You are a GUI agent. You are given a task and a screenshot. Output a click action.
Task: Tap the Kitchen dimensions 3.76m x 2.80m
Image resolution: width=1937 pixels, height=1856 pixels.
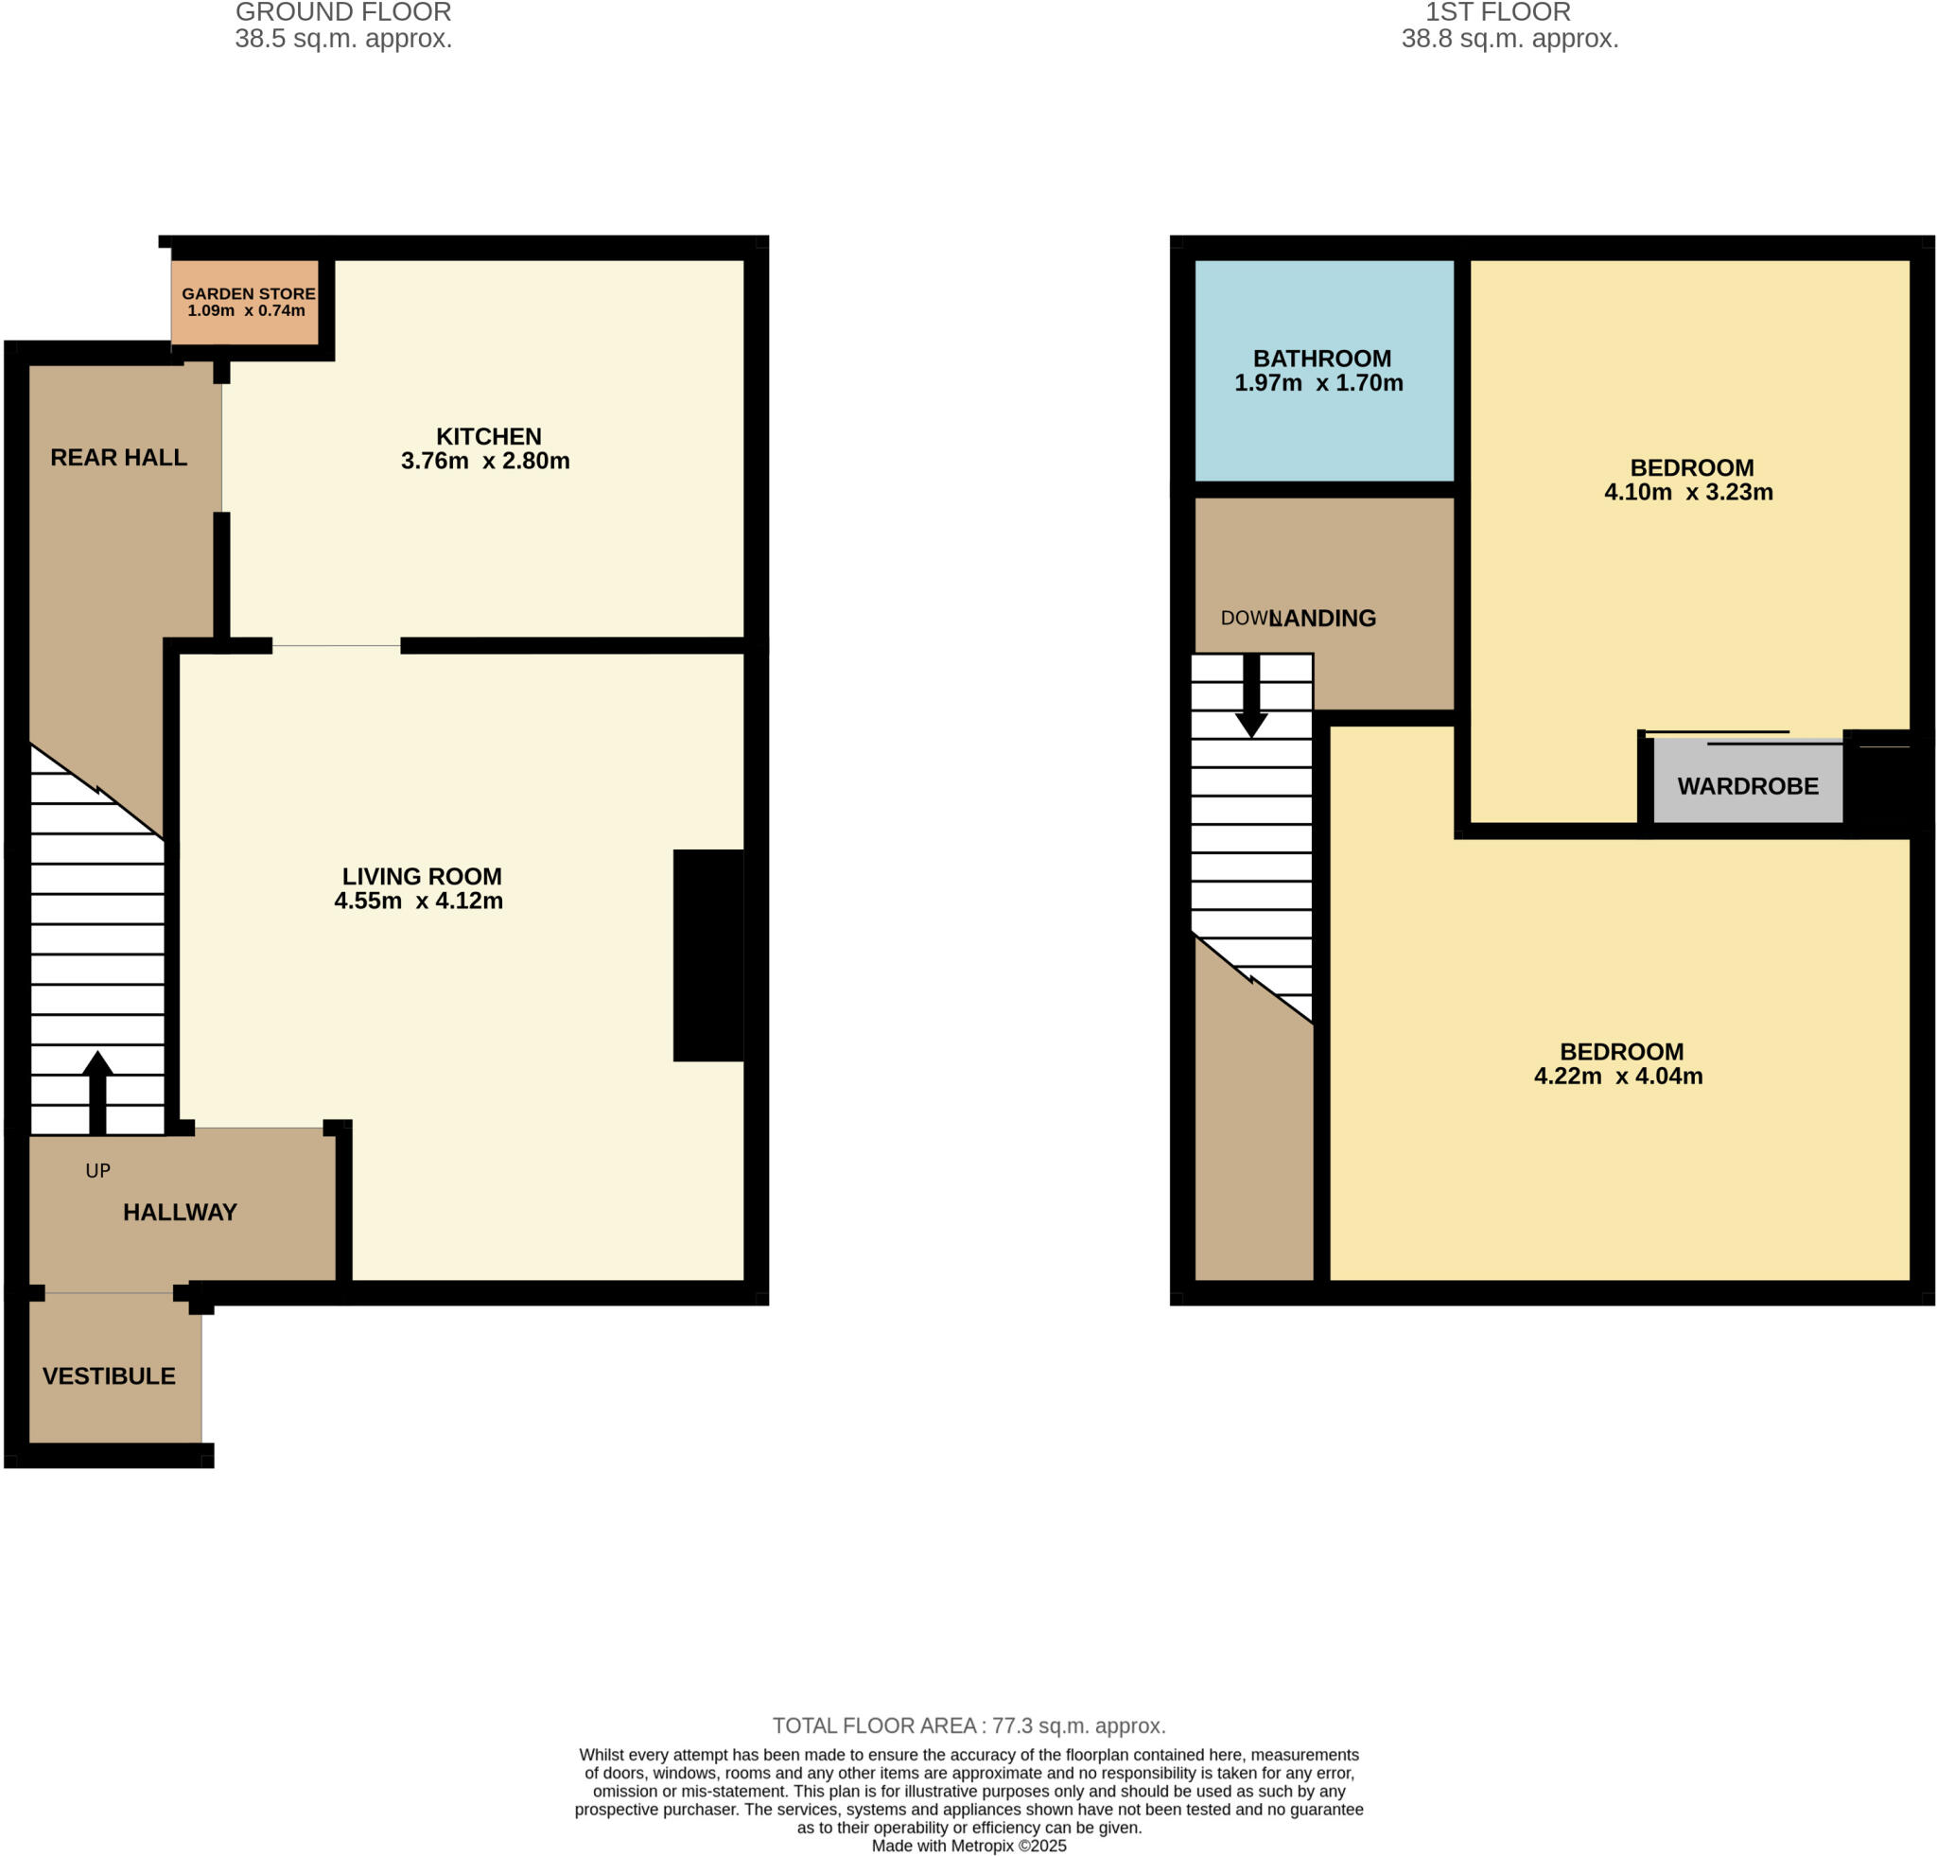[x=485, y=462]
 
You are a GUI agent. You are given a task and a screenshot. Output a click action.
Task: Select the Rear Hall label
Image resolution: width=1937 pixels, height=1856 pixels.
[x=118, y=458]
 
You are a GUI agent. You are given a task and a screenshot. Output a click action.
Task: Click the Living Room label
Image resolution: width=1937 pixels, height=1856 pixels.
[x=422, y=877]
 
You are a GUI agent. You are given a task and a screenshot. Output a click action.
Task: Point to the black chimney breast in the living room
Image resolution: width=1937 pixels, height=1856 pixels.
[x=707, y=955]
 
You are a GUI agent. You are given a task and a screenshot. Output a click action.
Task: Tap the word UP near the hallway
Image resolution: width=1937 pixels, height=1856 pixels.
[x=97, y=1171]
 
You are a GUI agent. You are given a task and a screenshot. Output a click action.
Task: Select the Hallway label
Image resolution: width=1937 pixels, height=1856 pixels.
[x=180, y=1213]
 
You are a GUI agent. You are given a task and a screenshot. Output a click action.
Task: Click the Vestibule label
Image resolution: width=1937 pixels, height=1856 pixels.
[x=109, y=1376]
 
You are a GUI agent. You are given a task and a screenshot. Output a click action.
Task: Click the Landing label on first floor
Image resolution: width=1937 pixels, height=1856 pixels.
[x=1324, y=619]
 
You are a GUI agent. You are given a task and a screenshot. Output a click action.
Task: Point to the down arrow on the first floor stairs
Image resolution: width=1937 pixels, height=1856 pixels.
[x=1251, y=697]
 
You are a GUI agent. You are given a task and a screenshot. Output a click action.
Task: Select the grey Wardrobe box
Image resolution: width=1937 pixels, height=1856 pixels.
[x=1747, y=787]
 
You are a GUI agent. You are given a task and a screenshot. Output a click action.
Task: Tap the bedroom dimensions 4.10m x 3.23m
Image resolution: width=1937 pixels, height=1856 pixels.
[x=1688, y=492]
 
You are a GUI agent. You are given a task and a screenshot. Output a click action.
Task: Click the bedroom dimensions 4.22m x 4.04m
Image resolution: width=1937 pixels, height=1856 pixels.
[x=1617, y=1077]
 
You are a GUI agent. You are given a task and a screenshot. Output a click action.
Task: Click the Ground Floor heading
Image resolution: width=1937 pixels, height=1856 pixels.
[x=343, y=13]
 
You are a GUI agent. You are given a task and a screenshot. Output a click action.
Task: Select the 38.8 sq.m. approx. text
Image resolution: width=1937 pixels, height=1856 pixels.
[x=1509, y=40]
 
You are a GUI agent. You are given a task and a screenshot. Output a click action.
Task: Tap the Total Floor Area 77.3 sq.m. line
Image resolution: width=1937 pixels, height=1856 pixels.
[x=968, y=1726]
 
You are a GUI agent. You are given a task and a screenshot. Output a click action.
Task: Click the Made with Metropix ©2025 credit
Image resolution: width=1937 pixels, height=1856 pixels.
[x=968, y=1847]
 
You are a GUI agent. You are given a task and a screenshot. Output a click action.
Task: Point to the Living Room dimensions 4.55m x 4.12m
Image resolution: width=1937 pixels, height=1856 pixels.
[x=418, y=902]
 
